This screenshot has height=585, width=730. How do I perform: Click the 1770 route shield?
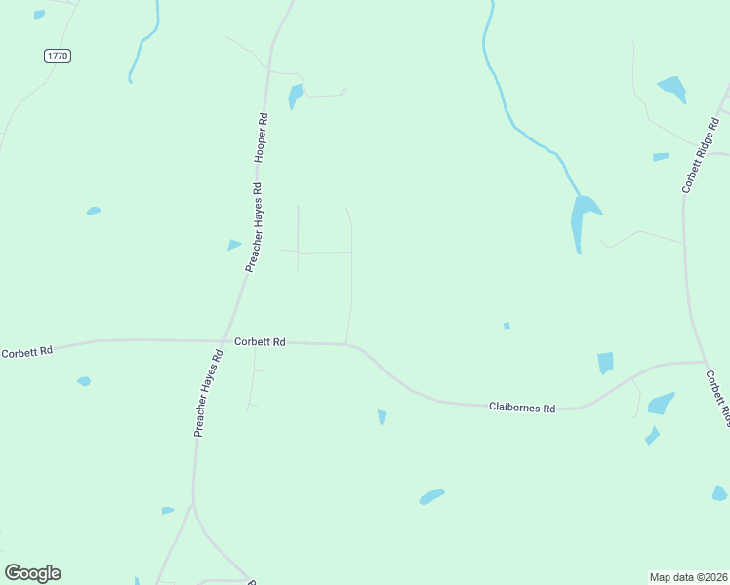(58, 56)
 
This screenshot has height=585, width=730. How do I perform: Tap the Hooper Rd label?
(261, 137)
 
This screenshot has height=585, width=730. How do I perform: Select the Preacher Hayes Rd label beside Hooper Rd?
(254, 227)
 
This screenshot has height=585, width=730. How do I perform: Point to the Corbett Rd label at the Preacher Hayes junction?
(260, 342)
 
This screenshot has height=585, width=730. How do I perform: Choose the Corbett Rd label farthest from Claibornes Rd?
(25, 352)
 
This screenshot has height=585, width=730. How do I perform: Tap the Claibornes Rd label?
(522, 408)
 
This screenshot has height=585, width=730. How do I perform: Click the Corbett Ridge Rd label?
(700, 155)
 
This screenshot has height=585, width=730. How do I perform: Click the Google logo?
(32, 573)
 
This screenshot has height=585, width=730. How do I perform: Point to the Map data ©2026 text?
(688, 576)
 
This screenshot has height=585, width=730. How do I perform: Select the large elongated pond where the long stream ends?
(582, 220)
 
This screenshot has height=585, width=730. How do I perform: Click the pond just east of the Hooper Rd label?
(295, 96)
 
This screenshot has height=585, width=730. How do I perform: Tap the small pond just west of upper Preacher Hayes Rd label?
(234, 245)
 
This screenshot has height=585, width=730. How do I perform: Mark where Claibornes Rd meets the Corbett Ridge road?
(705, 362)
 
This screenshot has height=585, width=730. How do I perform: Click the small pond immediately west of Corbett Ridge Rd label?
(661, 156)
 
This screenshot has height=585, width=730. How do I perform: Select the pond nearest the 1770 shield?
(39, 15)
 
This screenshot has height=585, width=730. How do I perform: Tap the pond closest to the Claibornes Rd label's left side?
(383, 417)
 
